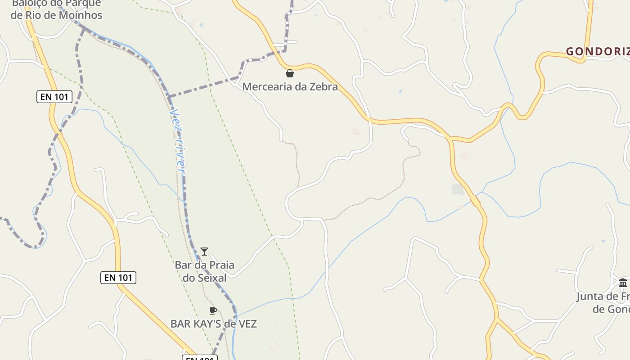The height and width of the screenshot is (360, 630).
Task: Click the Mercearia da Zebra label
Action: point(290,87)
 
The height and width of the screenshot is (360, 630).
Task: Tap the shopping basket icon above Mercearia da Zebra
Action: point(290,73)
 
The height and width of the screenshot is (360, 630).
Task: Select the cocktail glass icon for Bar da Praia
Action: point(204,252)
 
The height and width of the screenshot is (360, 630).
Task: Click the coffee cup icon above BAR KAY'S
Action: point(213,310)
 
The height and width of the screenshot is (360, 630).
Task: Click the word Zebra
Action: point(324,87)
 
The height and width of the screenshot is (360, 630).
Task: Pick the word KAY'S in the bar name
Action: point(207,324)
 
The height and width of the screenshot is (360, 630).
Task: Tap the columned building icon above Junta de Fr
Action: point(623,283)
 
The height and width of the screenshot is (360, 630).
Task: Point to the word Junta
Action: point(591,297)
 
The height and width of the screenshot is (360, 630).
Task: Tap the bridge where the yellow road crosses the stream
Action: point(476,200)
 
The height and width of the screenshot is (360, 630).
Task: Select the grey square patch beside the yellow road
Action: point(458,190)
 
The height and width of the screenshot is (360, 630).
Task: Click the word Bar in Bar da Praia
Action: point(183,265)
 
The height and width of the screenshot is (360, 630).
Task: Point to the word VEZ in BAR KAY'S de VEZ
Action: point(247,324)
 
